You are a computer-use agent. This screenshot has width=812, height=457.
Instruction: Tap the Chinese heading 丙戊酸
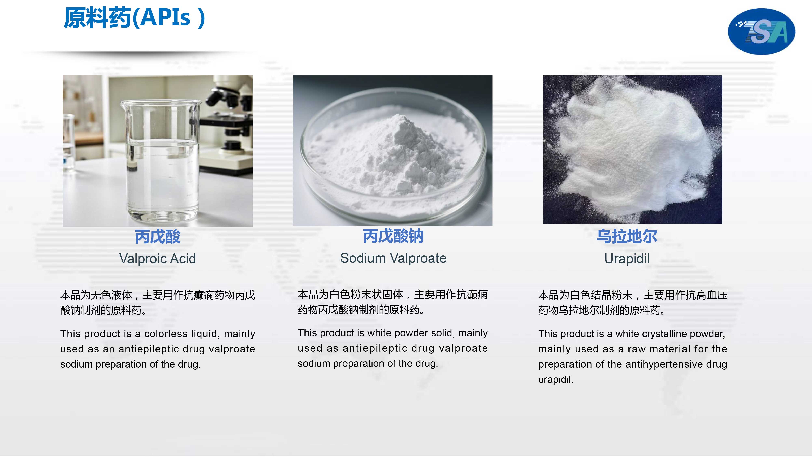point(158,237)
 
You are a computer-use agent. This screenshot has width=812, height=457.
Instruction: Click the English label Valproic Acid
point(158,259)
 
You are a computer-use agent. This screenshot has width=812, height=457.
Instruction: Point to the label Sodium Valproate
point(393,258)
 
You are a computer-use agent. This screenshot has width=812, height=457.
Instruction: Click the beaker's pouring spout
point(123,103)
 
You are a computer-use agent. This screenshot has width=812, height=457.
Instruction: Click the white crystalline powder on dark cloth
point(637,148)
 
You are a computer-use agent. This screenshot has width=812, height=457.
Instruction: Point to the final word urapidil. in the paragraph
point(556,379)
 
